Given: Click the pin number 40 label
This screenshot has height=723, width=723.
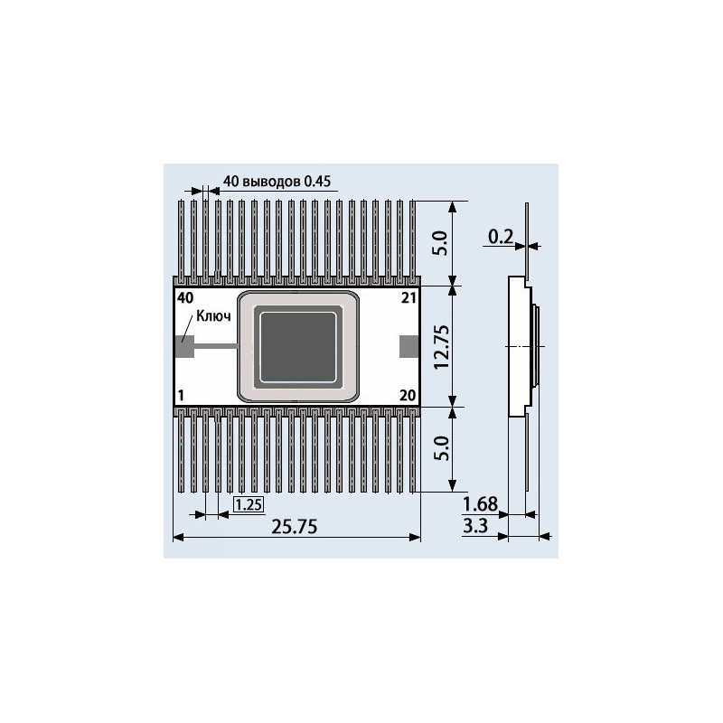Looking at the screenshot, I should (185, 297).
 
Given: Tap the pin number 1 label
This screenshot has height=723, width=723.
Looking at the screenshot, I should (182, 395).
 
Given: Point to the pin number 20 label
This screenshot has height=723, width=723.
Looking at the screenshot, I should (407, 395).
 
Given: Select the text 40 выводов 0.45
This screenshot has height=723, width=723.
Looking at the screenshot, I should (277, 181).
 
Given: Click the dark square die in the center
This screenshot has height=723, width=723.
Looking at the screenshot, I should (297, 346).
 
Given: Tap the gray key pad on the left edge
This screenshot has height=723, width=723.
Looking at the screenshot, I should (182, 346).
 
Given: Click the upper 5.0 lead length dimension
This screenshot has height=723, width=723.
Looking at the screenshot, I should (440, 242).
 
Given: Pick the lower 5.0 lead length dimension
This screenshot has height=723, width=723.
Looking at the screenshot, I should (440, 448).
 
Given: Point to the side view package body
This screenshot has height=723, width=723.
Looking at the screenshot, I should (519, 347).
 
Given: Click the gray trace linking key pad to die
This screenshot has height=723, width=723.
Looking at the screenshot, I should (213, 346).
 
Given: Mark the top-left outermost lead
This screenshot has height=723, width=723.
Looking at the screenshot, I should (183, 239).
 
